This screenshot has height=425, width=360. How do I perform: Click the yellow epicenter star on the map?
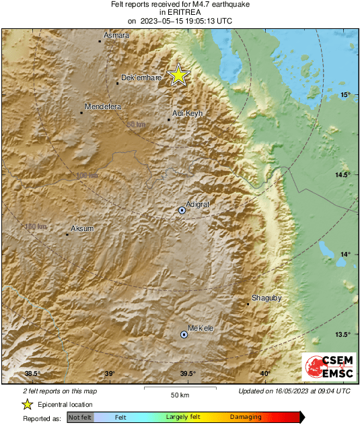pos(178,75)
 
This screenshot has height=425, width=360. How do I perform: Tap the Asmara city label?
pos(116,36)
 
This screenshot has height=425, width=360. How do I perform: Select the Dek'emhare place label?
pos(141,78)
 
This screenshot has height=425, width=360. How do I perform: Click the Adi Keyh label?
pos(188,114)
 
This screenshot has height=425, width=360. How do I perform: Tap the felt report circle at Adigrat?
pos(182,211)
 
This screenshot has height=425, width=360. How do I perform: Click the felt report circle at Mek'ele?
pos(184,334)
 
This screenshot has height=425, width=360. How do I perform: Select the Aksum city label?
pos(82,229)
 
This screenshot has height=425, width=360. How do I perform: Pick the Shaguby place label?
pos(265,297)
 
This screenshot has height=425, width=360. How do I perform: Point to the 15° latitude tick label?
pos(345,94)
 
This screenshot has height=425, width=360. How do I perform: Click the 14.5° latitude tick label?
pos(342,175)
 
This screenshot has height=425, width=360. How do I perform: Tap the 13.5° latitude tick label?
pos(342,335)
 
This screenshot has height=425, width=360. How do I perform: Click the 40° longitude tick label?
pos(265,374)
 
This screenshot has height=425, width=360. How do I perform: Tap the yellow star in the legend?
pos(27,404)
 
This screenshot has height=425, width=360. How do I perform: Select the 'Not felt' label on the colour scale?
pos(80,418)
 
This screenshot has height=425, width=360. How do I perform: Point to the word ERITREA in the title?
pos(180,12)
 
